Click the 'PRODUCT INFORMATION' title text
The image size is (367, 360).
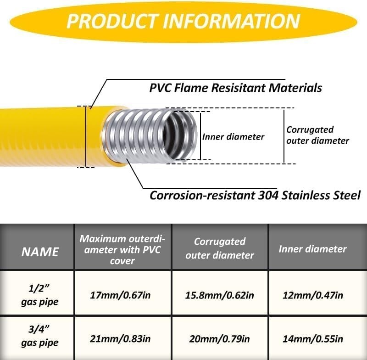[x=183, y=21]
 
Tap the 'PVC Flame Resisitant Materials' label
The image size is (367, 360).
[x=235, y=87]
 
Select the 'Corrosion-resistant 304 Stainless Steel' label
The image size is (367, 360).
[x=255, y=195]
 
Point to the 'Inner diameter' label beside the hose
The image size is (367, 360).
[x=234, y=137]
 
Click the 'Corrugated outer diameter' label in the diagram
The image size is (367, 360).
[x=317, y=135]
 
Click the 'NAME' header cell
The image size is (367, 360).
[x=40, y=251]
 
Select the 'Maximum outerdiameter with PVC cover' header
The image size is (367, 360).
[x=122, y=249]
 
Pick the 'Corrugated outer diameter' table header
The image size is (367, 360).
[x=220, y=248]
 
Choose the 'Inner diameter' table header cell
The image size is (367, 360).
[x=312, y=249]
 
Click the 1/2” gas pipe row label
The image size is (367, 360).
[x=40, y=295]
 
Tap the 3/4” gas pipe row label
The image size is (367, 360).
[x=40, y=337]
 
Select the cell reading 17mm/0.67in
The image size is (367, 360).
[x=121, y=295]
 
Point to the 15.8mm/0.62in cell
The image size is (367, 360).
[x=219, y=295]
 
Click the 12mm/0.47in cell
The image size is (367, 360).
[x=313, y=295]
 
